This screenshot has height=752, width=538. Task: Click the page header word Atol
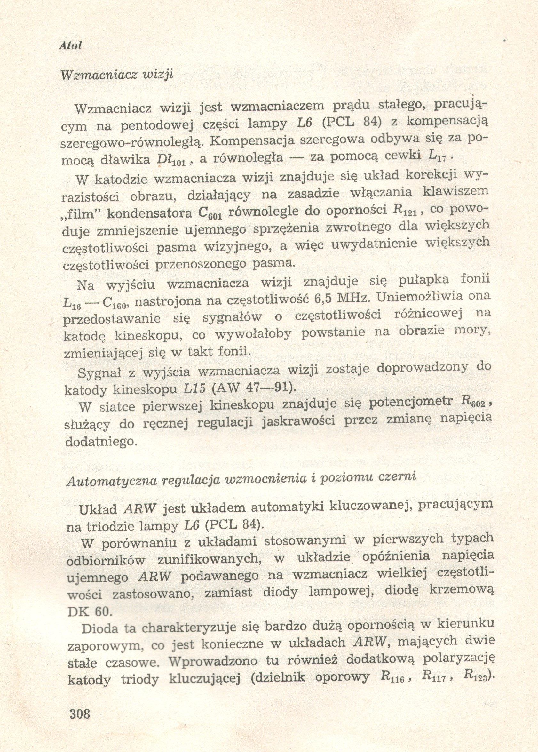click(x=70, y=46)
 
